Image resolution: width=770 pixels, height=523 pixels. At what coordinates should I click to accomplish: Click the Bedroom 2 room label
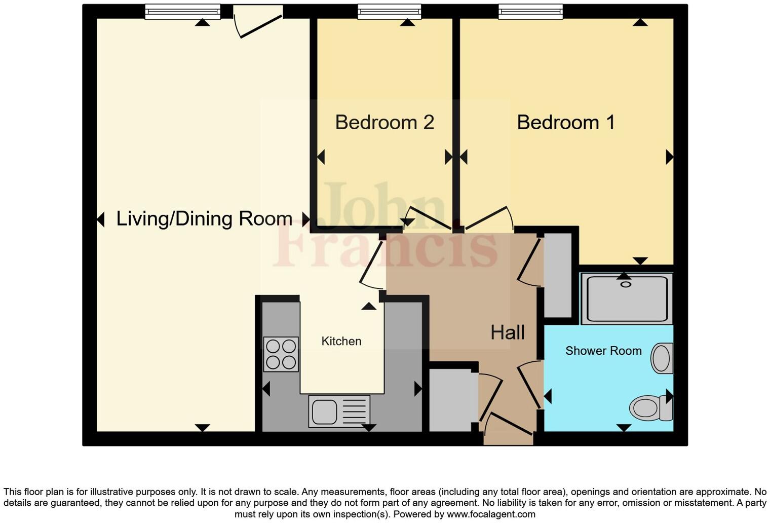384,123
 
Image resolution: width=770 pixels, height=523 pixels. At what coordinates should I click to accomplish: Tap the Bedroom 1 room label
566,123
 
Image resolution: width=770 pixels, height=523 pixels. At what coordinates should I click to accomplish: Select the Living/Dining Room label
204,218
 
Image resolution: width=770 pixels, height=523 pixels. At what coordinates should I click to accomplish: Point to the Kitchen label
341,341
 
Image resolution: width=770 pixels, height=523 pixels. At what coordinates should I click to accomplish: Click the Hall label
507,332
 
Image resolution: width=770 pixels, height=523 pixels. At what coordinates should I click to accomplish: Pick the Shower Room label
603,351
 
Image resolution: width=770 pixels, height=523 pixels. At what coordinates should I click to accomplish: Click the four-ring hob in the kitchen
281,354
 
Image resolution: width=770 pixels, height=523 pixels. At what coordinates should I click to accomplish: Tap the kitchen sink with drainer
338,410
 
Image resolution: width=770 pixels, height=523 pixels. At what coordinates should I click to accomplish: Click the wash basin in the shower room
662,358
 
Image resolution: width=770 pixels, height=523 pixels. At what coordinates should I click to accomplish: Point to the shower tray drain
626,284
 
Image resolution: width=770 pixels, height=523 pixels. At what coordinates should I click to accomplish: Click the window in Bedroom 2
389,11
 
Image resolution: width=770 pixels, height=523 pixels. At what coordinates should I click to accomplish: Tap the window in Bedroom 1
530,11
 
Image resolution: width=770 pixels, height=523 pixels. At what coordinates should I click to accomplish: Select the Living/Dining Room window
182,11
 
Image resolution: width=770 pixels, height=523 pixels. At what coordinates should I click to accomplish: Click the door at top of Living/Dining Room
258,23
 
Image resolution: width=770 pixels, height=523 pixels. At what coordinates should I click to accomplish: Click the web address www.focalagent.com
490,514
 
